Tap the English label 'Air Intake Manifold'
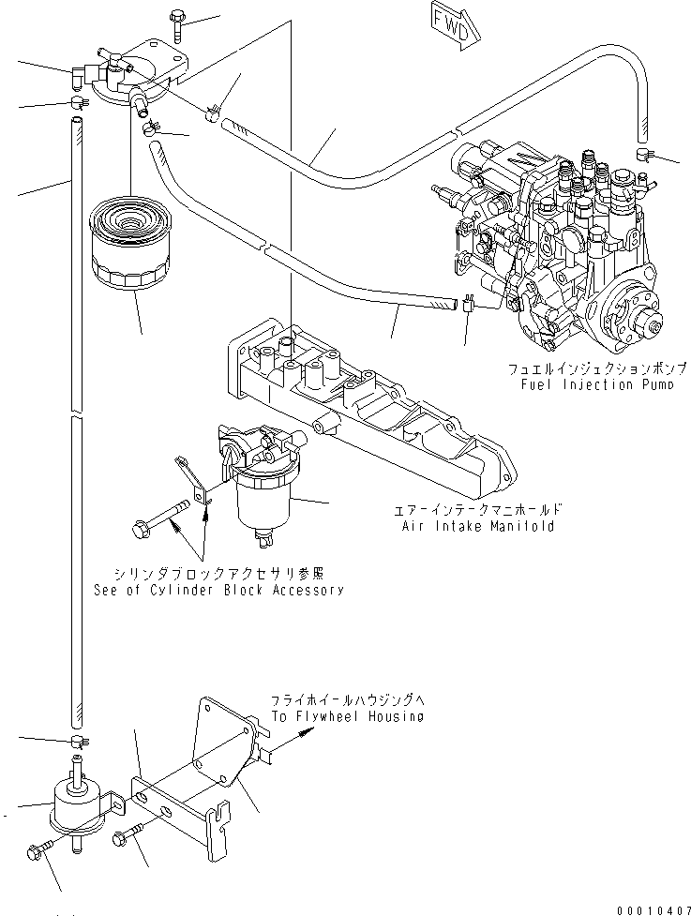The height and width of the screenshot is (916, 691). pyautogui.click(x=478, y=527)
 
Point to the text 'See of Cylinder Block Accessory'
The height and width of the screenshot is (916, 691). pyautogui.click(x=218, y=590)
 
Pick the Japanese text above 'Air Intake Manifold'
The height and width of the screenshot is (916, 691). pyautogui.click(x=478, y=510)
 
